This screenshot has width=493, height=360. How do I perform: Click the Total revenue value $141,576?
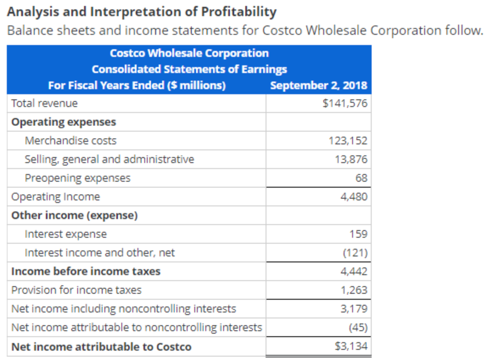[345, 103]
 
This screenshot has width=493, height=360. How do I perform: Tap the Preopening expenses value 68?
[361, 178]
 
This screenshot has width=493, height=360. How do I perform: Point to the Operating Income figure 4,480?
[354, 197]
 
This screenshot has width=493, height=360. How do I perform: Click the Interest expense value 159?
[358, 234]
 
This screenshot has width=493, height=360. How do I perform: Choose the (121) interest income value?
[355, 253]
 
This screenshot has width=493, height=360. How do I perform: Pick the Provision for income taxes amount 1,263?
[354, 290]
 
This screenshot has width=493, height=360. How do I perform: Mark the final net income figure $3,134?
[351, 346]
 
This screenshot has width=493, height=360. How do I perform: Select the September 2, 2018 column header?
[319, 85]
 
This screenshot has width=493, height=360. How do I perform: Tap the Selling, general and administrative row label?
[109, 159]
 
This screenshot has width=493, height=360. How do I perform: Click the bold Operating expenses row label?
[64, 122]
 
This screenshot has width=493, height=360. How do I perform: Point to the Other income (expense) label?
[74, 215]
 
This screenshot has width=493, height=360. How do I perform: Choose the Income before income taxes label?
[86, 271]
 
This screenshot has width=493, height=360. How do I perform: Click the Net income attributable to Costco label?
[101, 347]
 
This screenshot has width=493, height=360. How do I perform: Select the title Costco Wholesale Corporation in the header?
[189, 53]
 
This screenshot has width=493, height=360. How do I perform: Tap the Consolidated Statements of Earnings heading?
[189, 69]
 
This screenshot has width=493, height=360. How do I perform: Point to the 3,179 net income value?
[354, 309]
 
